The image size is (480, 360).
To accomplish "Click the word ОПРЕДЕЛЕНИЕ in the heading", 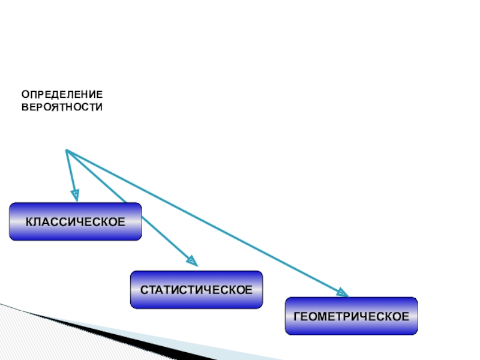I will click(x=62, y=95).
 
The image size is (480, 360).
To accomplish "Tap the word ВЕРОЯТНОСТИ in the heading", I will click(x=62, y=107).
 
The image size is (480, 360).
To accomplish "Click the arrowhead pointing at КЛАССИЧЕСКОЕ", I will click(x=75, y=194).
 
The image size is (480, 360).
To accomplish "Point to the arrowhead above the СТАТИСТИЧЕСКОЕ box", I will click(x=191, y=260).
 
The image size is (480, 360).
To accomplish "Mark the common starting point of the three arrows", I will click(x=66, y=150).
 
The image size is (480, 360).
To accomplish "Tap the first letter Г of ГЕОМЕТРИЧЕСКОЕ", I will click(x=296, y=316).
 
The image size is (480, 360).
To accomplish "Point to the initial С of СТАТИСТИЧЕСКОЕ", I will click(x=144, y=290).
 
